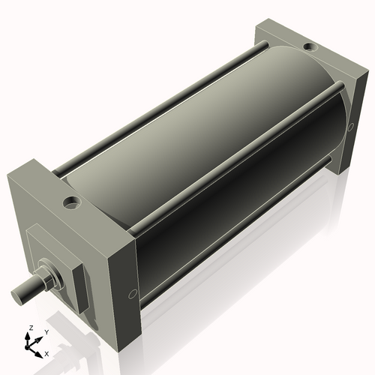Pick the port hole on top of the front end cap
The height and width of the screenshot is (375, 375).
(72, 202)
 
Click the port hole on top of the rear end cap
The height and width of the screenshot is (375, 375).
(309, 48)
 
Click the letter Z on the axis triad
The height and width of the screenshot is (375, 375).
(31, 328)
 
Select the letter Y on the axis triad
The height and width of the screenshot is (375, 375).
(46, 331)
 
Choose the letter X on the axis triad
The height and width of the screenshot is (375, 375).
(46, 352)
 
